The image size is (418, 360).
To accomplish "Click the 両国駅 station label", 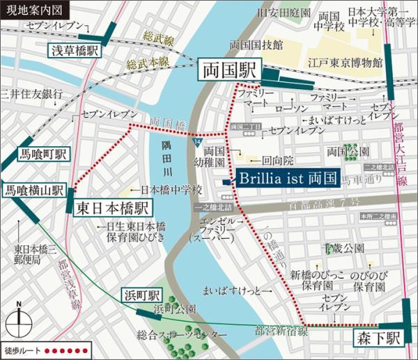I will click(x=229, y=71).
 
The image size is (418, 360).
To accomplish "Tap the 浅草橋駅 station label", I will click(x=75, y=52).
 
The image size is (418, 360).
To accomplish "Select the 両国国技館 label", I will click(x=256, y=45).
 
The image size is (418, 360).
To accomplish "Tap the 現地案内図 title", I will click(x=28, y=9).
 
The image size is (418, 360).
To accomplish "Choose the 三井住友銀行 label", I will click(x=25, y=93).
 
